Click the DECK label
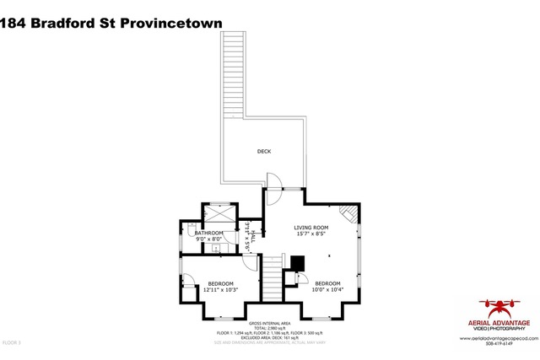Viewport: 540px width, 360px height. pyautogui.click(x=264, y=152)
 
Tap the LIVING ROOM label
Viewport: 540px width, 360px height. pyautogui.click(x=310, y=228)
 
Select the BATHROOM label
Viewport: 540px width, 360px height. pyautogui.click(x=209, y=233)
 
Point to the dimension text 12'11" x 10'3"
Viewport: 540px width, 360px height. pyautogui.click(x=221, y=290)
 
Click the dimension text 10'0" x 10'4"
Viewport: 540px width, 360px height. pyautogui.click(x=328, y=290)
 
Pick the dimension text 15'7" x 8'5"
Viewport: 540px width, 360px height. pyautogui.click(x=310, y=234)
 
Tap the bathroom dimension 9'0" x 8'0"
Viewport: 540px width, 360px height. pyautogui.click(x=209, y=239)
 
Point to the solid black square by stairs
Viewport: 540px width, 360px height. pyautogui.click(x=296, y=264)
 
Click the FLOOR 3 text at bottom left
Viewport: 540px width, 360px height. pyautogui.click(x=12, y=342)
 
